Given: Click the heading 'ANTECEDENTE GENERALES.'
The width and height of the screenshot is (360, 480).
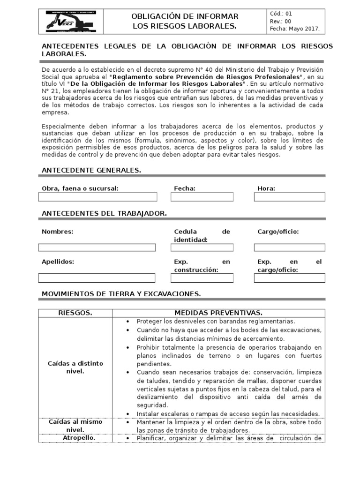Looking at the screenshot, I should coord(91,170).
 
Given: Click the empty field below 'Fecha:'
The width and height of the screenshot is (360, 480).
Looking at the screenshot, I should coord(202,197).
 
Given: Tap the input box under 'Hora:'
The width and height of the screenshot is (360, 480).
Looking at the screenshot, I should coord(289,197).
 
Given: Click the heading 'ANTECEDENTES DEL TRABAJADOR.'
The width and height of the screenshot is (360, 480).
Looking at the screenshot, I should coord(104,213).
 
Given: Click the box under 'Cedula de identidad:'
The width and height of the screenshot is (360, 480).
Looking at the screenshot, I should coord(202,247).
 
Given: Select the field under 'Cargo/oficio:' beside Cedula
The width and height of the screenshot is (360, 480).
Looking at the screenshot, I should coord(289,247).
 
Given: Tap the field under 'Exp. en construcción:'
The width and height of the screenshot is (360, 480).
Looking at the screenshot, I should coord(202,278).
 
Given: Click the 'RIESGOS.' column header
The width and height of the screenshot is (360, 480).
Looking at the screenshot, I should coord(75,313).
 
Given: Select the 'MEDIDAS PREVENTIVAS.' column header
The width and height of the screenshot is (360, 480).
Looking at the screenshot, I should coord(218,313).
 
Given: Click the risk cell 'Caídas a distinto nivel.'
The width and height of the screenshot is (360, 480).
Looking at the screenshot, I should coord(75,367).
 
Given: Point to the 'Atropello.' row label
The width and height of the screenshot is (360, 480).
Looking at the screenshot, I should coord(75,438).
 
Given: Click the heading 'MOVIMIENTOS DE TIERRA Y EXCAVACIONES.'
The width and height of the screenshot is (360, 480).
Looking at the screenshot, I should coord(121,294).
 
